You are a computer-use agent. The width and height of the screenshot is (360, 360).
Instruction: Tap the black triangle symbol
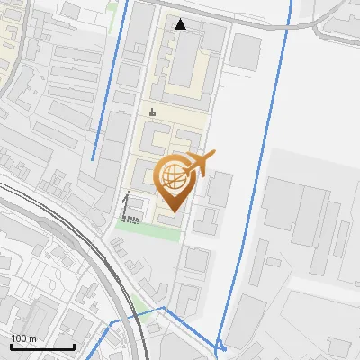(181, 24)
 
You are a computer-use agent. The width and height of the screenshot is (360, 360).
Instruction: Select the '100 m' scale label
(24, 338)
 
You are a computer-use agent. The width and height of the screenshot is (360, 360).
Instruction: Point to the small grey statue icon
(152, 112)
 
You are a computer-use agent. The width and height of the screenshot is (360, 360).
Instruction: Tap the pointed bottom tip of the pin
(173, 211)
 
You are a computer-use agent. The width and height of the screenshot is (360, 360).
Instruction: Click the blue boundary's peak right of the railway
(164, 308)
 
